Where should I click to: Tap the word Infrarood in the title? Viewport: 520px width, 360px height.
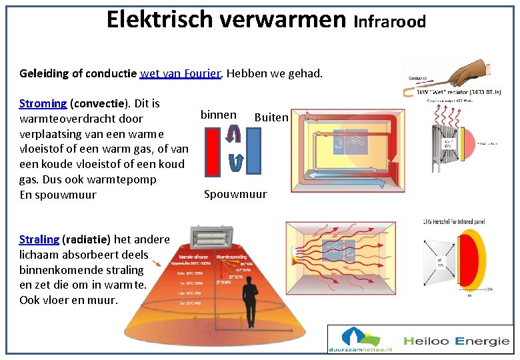[x=390, y=22]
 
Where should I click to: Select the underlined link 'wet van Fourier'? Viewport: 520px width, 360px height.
[x=180, y=73]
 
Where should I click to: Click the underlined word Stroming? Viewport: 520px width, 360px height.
[x=43, y=103]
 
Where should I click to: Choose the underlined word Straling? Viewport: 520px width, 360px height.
[x=39, y=239]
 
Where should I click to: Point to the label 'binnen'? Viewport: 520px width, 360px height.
[x=218, y=115]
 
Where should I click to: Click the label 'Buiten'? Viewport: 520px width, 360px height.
[x=271, y=117]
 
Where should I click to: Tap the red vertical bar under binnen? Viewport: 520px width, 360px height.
[x=213, y=151]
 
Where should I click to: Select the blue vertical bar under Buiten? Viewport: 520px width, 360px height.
[x=254, y=151]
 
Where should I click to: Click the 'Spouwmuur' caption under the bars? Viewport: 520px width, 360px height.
[x=235, y=194]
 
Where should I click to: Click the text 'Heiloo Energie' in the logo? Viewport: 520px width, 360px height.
[x=455, y=341]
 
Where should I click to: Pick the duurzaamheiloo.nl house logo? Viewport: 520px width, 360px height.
[x=360, y=339]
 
